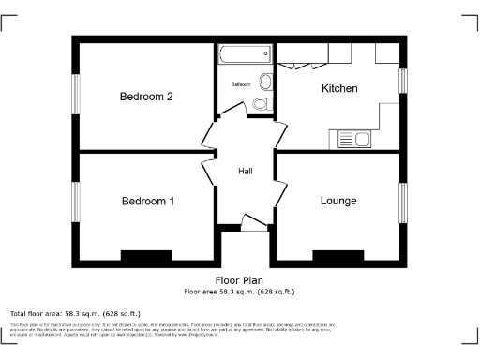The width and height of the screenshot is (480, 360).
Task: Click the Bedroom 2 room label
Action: [146, 97]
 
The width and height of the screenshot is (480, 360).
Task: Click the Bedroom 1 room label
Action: [147, 201]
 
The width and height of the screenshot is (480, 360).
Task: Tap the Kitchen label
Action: [339, 88]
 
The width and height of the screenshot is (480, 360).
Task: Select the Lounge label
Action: [338, 201]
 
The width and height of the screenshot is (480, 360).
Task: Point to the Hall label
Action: [245, 172]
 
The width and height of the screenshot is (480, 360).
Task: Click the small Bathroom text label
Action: [242, 84]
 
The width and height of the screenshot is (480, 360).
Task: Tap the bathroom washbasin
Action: [266, 81]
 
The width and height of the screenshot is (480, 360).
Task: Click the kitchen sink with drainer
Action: [353, 140]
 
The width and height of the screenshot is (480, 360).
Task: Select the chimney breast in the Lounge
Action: [337, 254]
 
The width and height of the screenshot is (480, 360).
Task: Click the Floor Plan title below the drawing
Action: [239, 279]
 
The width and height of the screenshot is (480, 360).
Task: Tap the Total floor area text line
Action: [75, 312]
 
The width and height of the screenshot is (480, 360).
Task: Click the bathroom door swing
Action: [257, 112]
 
